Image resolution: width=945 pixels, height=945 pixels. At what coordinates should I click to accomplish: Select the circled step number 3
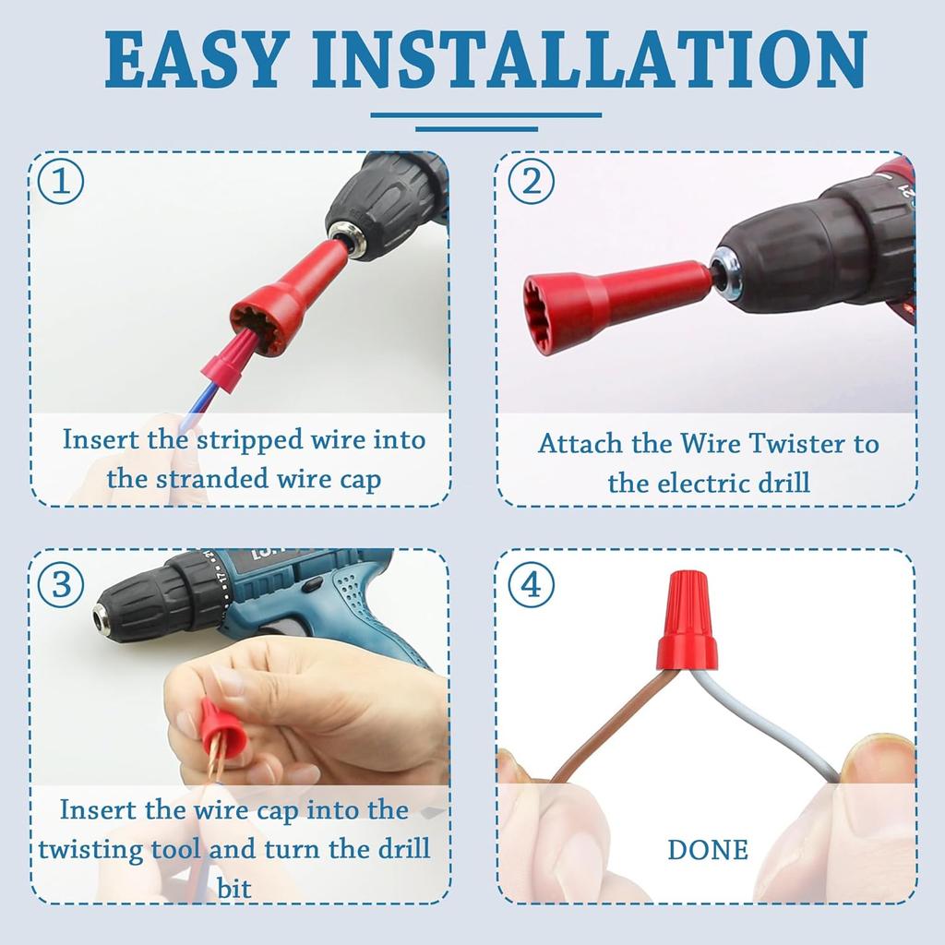61,584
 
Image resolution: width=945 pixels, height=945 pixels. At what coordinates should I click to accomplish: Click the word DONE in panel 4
708,850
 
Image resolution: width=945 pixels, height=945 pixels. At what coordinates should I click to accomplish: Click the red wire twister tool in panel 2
600,295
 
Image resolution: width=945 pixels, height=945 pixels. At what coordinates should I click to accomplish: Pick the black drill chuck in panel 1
383,208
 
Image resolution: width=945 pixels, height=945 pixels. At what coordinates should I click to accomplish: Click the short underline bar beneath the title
476,128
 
